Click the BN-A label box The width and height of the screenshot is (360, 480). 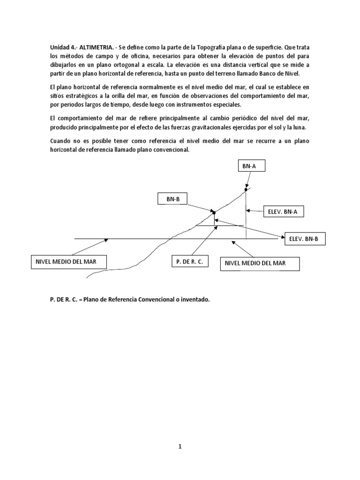[246, 165]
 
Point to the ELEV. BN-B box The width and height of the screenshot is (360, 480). [304, 239]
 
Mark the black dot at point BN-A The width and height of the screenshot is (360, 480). [246, 189]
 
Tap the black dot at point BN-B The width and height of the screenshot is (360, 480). [214, 212]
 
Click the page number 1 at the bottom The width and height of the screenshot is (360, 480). [180, 447]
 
